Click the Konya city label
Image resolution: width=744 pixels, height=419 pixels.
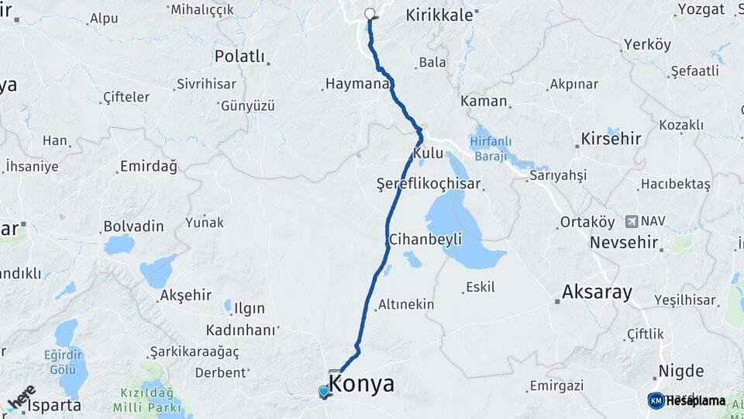(x=362, y=383)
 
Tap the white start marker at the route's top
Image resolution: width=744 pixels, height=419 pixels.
(x=370, y=13)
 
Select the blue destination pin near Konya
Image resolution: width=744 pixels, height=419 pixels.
(x=323, y=392)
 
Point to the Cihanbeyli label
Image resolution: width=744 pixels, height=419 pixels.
(x=425, y=238)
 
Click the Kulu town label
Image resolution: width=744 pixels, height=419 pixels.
(x=428, y=154)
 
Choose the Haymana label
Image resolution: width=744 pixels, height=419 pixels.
(x=356, y=83)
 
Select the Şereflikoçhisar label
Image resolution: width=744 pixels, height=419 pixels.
(x=429, y=185)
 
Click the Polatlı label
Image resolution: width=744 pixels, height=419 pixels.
(x=239, y=57)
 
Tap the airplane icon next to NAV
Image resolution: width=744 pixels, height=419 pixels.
(x=631, y=221)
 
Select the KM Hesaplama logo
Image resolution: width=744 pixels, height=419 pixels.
(x=687, y=400)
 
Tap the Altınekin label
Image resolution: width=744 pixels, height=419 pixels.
(x=406, y=305)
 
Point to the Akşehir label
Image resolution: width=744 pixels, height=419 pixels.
(x=185, y=295)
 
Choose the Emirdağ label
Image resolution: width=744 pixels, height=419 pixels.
(x=148, y=167)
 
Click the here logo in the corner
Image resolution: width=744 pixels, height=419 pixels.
(x=21, y=397)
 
